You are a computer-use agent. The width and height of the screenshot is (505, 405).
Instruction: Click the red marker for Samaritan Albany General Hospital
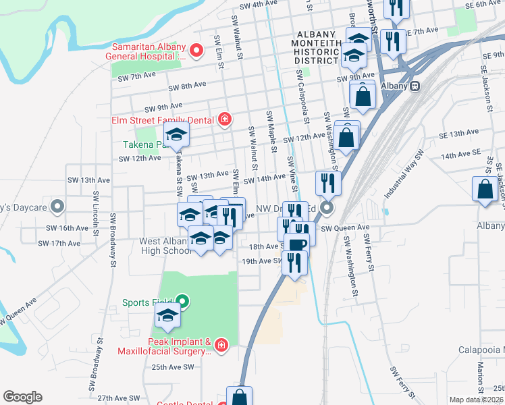tap(196, 51)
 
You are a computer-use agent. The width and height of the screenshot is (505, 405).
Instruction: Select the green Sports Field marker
tap(182, 302)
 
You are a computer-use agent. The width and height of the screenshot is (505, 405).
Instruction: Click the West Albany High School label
tap(166, 246)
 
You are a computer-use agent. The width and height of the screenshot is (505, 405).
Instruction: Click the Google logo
tap(22, 397)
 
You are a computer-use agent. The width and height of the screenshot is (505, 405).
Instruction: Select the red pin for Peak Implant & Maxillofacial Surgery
tap(223, 346)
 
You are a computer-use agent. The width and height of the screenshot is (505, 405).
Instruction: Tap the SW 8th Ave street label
tap(184, 86)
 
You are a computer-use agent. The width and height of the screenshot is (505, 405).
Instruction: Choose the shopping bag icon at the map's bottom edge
tap(239, 397)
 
